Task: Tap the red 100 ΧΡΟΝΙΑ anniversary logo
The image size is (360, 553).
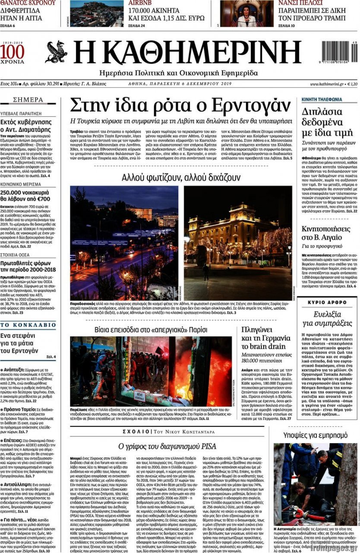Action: pyautogui.click(x=13, y=54)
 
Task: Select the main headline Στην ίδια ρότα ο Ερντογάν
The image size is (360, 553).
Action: pyautogui.click(x=181, y=105)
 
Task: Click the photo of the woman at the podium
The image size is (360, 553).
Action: pyautogui.click(x=246, y=14)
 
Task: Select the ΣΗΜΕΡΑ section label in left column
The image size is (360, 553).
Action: pyautogui.click(x=28, y=100)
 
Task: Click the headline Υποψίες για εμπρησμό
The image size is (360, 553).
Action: pyautogui.click(x=315, y=435)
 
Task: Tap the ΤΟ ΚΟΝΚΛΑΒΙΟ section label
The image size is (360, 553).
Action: pyautogui.click(x=28, y=324)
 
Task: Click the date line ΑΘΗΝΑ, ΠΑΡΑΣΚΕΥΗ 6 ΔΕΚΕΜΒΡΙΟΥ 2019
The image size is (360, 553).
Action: pyautogui.click(x=180, y=84)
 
